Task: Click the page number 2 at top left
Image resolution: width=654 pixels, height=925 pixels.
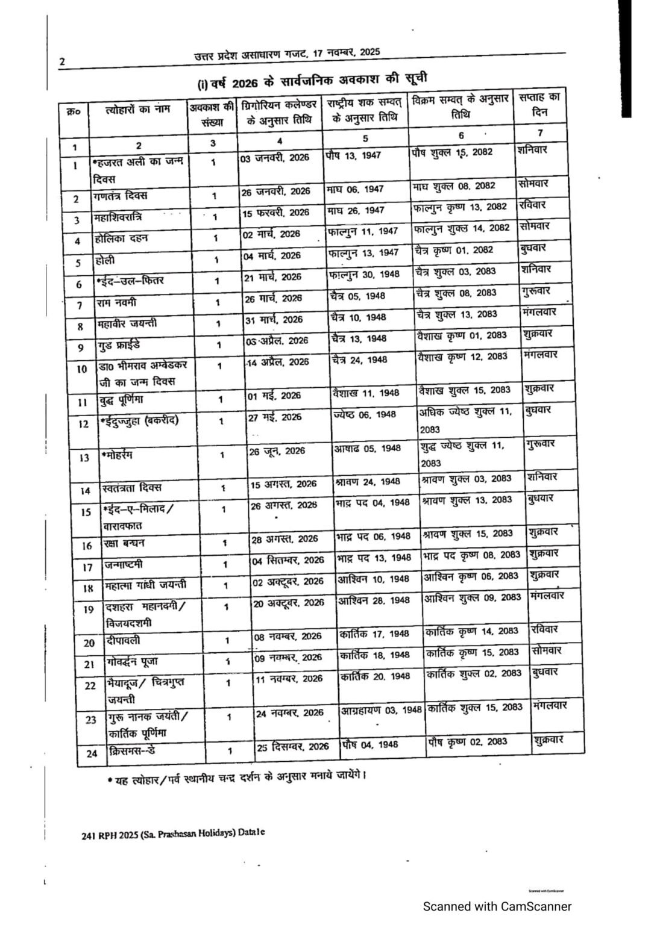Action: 61,61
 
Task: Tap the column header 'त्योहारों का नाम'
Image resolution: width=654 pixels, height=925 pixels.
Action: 138,110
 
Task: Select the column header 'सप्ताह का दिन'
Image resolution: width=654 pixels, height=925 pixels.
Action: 539,105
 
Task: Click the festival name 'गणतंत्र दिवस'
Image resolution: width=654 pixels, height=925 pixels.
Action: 121,196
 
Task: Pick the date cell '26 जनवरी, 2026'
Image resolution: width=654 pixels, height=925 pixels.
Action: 276,191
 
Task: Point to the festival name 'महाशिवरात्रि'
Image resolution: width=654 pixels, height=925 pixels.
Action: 118,217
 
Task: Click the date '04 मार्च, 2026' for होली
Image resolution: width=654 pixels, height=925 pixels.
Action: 272,255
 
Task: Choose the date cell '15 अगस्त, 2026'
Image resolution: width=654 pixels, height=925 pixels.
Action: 283,484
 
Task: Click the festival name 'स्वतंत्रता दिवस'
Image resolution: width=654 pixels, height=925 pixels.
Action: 132,487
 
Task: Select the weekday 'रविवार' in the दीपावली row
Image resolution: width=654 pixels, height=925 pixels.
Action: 544,629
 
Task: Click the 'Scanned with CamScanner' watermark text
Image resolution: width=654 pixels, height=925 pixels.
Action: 497,906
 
